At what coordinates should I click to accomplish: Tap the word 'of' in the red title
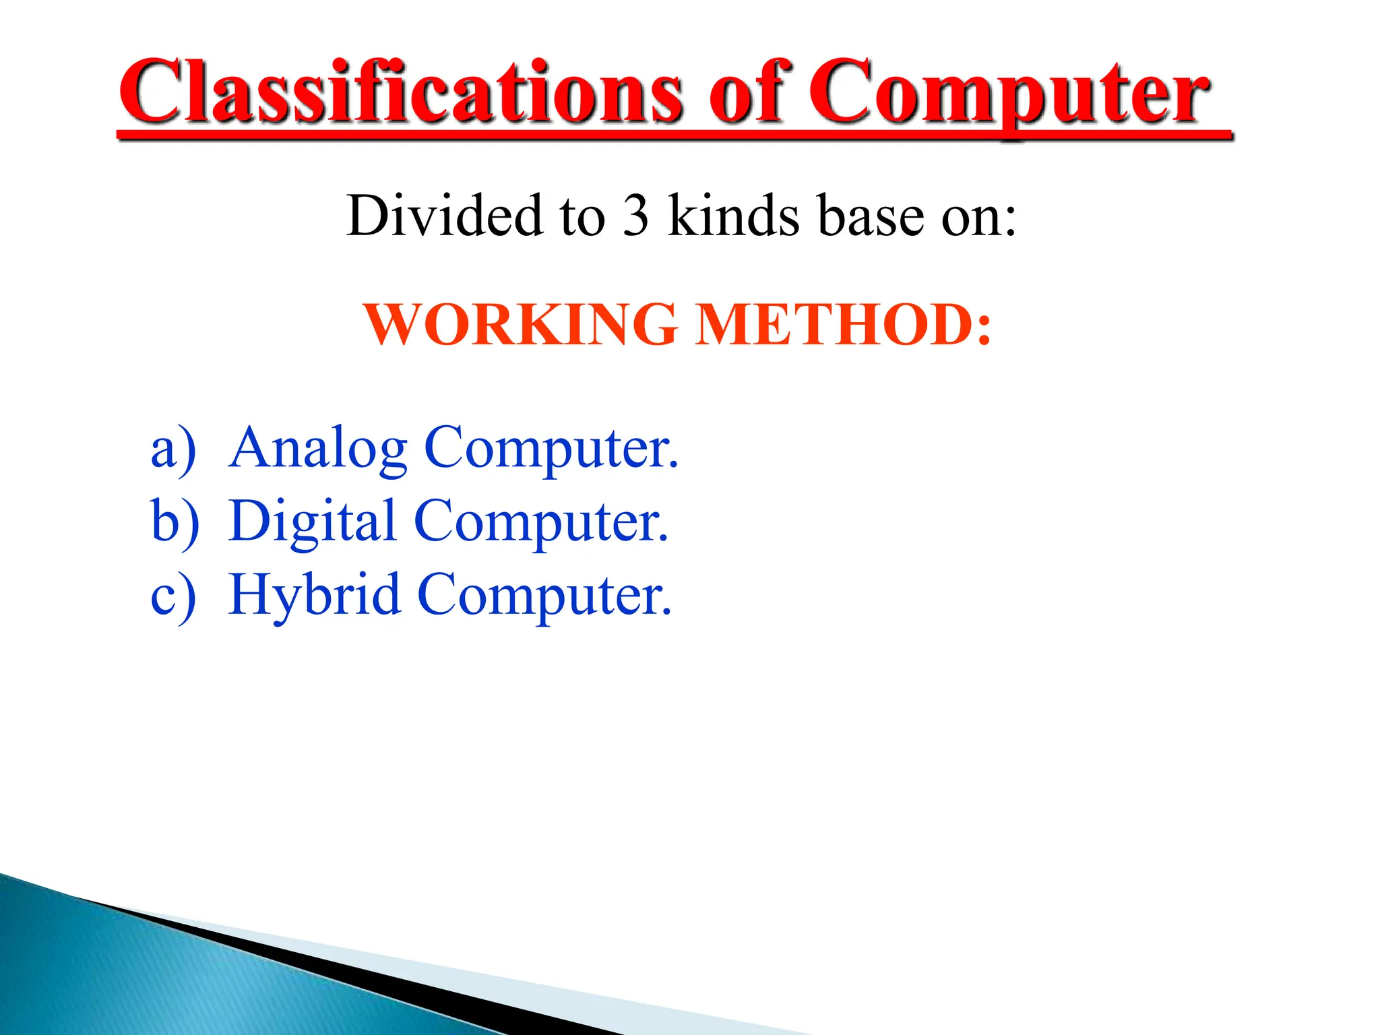749,92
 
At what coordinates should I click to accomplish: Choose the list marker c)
173,596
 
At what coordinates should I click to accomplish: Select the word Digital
312,522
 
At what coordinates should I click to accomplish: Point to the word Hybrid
314,596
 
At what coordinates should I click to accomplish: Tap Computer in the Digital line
541,522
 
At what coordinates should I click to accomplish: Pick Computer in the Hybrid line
544,596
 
